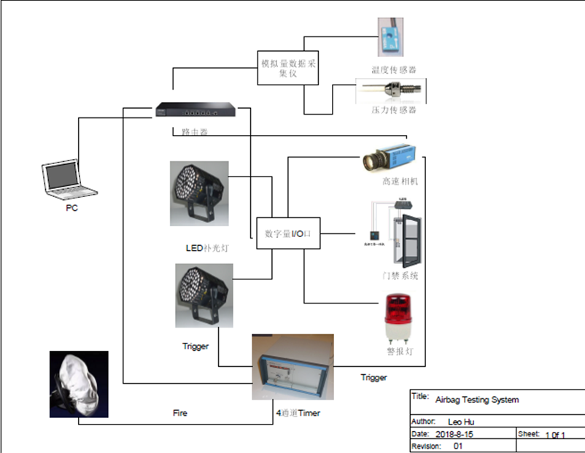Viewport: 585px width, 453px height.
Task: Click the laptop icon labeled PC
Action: point(69,179)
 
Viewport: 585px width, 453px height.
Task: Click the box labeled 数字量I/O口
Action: point(288,234)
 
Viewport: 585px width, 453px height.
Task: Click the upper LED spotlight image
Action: point(199,193)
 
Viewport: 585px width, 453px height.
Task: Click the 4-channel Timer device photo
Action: point(292,367)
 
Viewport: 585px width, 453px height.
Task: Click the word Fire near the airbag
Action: point(179,413)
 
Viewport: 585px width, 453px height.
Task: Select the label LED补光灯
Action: point(207,248)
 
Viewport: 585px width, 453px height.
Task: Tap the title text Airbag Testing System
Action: point(477,400)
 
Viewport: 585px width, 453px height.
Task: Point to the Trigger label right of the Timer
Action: point(373,377)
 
